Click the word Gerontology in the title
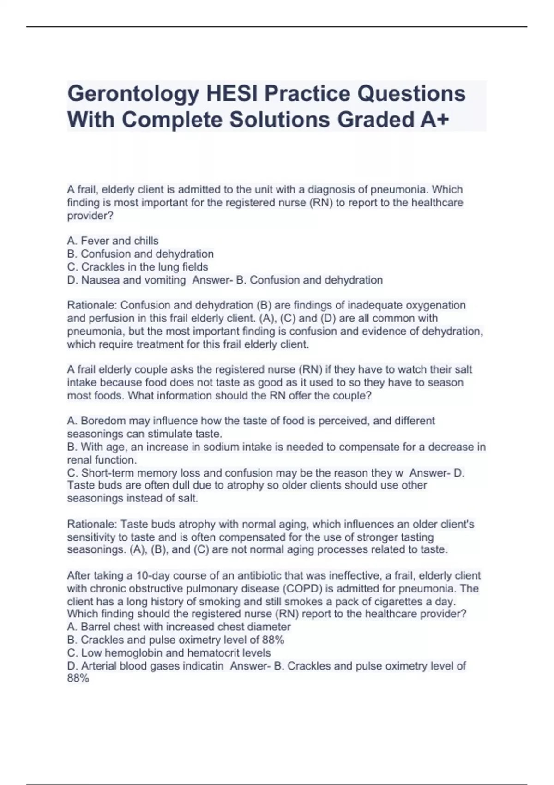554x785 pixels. (x=132, y=94)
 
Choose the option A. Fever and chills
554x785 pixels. (x=113, y=241)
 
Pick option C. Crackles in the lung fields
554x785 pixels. (x=138, y=266)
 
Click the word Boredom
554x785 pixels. (x=103, y=421)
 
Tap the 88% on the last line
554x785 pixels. (x=78, y=678)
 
